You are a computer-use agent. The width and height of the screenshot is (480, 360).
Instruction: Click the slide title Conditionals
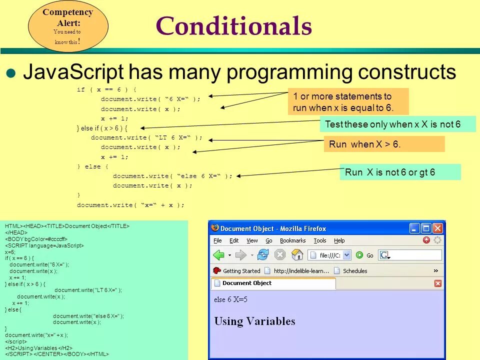coord(234,25)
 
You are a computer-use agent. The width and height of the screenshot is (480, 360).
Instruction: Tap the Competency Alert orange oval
coord(68,26)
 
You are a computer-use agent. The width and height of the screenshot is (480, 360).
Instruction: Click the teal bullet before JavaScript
coord(10,73)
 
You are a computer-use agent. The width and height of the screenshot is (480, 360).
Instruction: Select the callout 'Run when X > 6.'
coord(384,144)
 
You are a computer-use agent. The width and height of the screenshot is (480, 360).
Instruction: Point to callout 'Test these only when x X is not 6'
coord(398,124)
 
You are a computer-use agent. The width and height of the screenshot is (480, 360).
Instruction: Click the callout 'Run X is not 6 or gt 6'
coord(400,172)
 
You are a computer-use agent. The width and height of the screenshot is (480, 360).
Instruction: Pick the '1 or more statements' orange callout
coord(348,101)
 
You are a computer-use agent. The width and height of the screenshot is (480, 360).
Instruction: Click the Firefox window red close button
coord(438,228)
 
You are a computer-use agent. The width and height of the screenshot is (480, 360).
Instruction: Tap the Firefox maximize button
coord(426,228)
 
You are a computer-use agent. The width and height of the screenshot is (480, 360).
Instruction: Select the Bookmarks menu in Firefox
coord(292,240)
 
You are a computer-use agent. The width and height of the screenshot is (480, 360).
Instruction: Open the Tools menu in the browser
coord(320,240)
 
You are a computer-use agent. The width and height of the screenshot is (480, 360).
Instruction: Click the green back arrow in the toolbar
coord(219,255)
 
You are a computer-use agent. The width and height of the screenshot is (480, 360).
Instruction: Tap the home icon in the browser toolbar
coord(297,254)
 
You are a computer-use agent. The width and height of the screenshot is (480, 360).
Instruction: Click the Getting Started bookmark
coord(236,271)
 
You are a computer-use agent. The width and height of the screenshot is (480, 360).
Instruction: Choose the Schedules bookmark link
coord(351,271)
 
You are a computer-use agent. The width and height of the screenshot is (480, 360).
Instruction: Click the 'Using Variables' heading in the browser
coord(254,321)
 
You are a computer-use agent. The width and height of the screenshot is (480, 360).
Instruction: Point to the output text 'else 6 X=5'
coord(231,299)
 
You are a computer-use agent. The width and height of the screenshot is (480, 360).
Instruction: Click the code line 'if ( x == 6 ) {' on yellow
coord(106,89)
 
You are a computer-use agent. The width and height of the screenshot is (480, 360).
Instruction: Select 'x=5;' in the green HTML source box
coord(10,252)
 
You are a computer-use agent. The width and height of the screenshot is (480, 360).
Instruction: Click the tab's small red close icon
coord(438,283)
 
